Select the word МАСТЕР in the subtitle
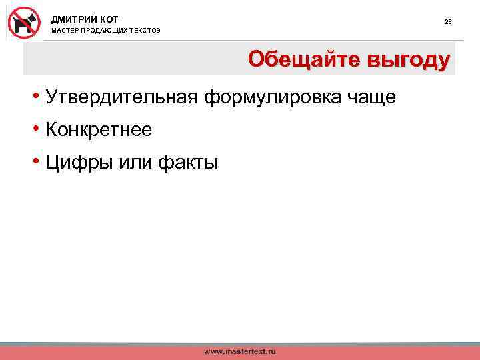65,31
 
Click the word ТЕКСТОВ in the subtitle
147,31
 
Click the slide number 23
448,22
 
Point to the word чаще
371,98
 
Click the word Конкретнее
99,130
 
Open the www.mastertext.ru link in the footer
240,351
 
